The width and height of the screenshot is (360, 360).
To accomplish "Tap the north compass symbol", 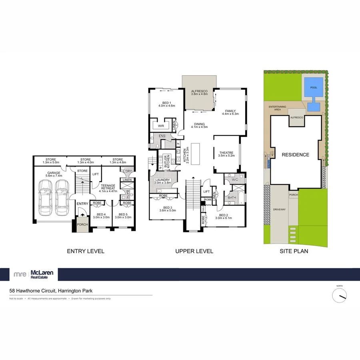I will tap(340, 295).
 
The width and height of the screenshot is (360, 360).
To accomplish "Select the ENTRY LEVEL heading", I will tap(85, 251).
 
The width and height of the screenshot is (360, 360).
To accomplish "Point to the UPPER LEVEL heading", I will tap(194, 251).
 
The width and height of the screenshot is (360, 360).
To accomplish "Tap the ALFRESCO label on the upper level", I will tap(199, 92).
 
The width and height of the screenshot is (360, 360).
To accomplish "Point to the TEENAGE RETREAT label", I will tap(108, 187).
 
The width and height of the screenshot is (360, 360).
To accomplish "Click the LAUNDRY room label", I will tap(163, 180).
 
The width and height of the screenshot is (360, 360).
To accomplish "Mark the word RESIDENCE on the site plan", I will tap(295, 155).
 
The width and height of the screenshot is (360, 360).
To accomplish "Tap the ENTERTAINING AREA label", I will tap(277, 108).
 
